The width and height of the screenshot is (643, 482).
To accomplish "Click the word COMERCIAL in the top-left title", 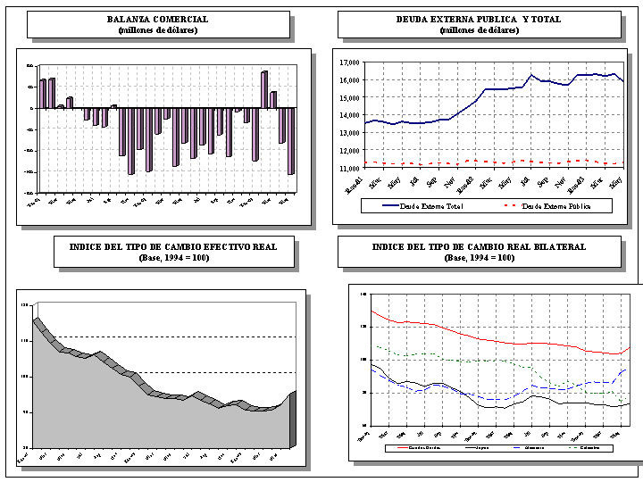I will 182,19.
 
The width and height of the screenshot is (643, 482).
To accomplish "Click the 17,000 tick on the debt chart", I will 349,62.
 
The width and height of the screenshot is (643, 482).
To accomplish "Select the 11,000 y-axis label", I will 349,167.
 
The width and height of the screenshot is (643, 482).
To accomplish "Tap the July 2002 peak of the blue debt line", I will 531,75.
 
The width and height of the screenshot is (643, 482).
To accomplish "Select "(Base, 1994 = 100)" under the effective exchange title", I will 174,258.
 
